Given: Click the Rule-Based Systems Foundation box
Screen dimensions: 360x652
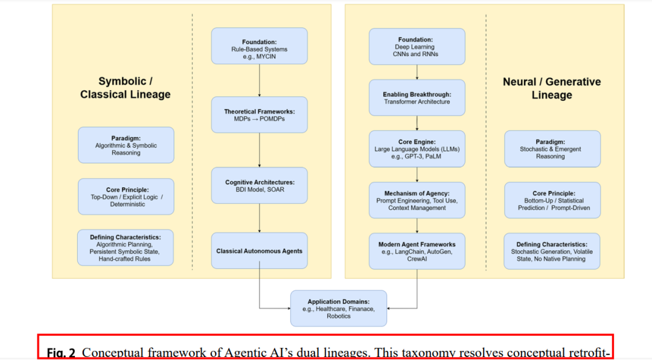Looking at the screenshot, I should pyautogui.click(x=259, y=46).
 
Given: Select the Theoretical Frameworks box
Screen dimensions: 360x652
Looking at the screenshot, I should pyautogui.click(x=259, y=115).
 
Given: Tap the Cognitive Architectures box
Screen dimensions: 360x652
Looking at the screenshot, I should pyautogui.click(x=259, y=185).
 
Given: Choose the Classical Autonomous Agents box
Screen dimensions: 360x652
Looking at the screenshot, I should pyautogui.click(x=259, y=251).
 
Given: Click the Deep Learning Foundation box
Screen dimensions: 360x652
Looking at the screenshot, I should pyautogui.click(x=417, y=46).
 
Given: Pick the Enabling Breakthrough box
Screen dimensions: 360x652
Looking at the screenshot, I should pyautogui.click(x=417, y=98).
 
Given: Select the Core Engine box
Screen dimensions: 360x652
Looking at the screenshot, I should pyautogui.click(x=417, y=149).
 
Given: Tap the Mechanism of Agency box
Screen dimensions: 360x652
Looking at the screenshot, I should pyautogui.click(x=417, y=200).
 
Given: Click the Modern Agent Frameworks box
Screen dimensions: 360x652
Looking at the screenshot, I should pyautogui.click(x=417, y=251).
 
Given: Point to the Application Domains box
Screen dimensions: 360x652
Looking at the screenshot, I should pyautogui.click(x=338, y=308).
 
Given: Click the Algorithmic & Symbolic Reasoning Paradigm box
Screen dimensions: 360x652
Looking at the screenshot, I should pyautogui.click(x=126, y=145).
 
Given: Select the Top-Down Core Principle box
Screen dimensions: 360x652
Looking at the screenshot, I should pyautogui.click(x=126, y=196).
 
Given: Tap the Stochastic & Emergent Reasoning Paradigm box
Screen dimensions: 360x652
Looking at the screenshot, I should pyautogui.click(x=552, y=149).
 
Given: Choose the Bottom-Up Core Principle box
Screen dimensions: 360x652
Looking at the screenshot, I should pyautogui.click(x=552, y=200).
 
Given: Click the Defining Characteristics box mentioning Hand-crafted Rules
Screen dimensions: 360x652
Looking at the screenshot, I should pyautogui.click(x=126, y=248).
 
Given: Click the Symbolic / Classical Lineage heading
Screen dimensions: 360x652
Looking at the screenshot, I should pyautogui.click(x=126, y=88).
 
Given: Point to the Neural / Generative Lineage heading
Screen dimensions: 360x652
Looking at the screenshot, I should pyautogui.click(x=552, y=88).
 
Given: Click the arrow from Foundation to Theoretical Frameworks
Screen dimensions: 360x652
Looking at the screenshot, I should pyautogui.click(x=259, y=80).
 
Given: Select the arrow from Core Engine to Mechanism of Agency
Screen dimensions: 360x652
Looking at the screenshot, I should pyautogui.click(x=417, y=175).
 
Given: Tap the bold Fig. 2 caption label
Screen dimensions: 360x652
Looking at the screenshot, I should pyautogui.click(x=61, y=353).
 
